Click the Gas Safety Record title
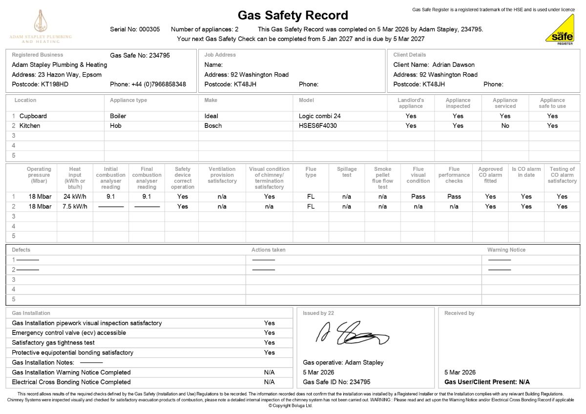pyautogui.click(x=293, y=15)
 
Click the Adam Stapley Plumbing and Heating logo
pyautogui.click(x=40, y=26)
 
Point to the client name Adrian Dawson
pyautogui.click(x=453, y=64)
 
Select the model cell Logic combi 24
pyautogui.click(x=320, y=116)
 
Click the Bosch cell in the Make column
pyautogui.click(x=213, y=125)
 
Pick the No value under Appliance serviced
pyautogui.click(x=505, y=125)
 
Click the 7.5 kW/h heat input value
pyautogui.click(x=75, y=206)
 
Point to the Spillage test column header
pyautogui.click(x=347, y=172)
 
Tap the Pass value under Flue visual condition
pyautogui.click(x=418, y=196)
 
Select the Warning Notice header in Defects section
pyautogui.click(x=506, y=249)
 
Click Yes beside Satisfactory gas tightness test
pyautogui.click(x=269, y=343)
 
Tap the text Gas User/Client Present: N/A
pyautogui.click(x=487, y=382)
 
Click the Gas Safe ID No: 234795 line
pyautogui.click(x=336, y=382)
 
